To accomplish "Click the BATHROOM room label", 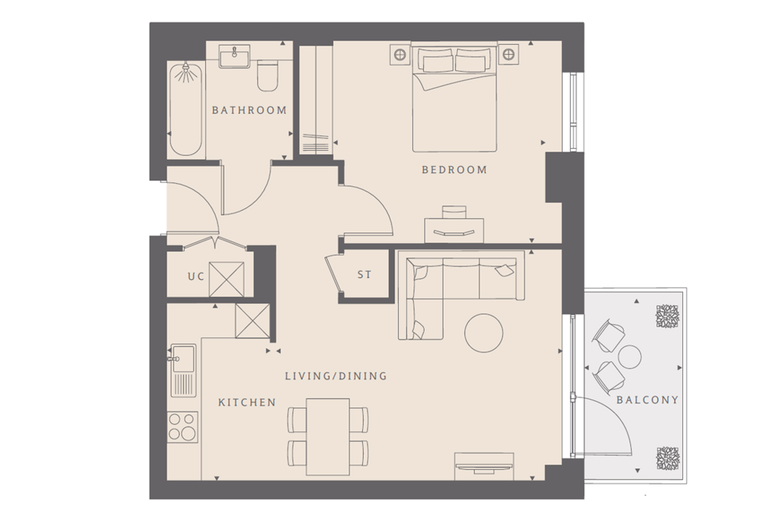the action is coord(249,110).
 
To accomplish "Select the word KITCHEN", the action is coord(247,402).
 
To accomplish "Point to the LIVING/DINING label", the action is coord(336,376).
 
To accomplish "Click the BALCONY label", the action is coord(648,400).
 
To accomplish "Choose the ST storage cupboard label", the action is coord(364,275).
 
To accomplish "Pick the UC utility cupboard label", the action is coord(196,276).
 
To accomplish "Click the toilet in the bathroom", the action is coord(268,76).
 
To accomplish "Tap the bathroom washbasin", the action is coord(234,57).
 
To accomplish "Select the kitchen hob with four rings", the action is coord(182,427).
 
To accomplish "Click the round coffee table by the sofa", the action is coord(484,333).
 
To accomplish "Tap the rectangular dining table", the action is coord(328,437).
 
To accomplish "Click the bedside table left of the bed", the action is coord(400,54).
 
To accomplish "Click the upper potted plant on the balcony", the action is coord(668,316).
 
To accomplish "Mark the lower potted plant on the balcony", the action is coord(668,458).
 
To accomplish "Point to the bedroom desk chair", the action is coord(454,212).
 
